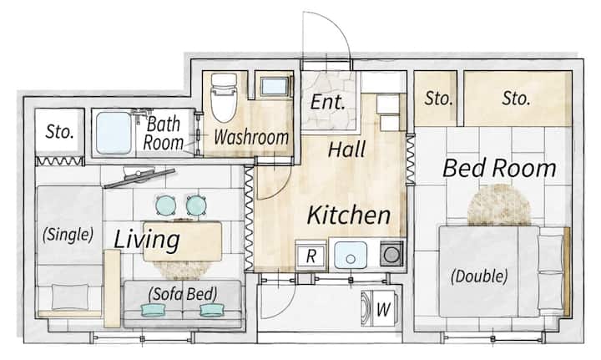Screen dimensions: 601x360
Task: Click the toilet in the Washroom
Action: point(224,98)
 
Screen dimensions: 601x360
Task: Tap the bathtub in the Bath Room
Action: point(114,133)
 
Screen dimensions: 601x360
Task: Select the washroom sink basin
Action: point(275,87)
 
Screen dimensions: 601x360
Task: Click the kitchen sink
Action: point(351,255)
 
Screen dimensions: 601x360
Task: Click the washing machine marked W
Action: point(381,308)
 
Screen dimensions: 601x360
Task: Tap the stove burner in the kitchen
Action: point(391,255)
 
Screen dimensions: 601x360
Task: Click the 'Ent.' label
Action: point(328,102)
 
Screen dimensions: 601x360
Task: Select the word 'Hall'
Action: point(347,150)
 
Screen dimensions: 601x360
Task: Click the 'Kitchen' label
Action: point(349,215)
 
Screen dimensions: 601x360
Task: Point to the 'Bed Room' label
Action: point(499,168)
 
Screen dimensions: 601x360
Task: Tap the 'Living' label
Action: point(147,240)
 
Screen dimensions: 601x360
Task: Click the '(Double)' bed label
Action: point(479,276)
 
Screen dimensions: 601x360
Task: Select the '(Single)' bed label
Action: point(68,234)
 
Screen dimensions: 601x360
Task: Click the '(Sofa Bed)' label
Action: point(183,294)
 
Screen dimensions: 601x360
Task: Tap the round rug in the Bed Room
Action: point(499,205)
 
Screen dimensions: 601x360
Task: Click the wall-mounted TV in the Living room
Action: point(139,179)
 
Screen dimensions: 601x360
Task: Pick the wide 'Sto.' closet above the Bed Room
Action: point(518,99)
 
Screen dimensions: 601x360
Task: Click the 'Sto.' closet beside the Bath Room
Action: point(59,132)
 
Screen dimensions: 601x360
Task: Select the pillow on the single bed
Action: point(70,297)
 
